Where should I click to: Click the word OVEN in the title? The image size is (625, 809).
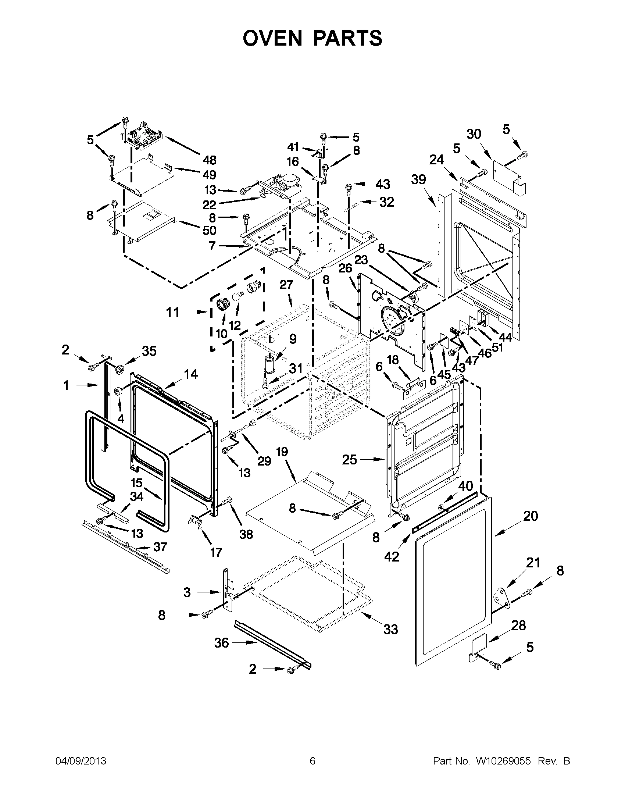273,38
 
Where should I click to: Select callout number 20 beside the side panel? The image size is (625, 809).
530,516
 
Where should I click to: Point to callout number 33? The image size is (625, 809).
390,629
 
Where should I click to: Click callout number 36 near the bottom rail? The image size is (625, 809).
221,643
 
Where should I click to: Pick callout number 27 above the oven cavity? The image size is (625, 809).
286,285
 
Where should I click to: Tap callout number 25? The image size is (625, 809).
349,460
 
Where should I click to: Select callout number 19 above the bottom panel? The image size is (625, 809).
282,452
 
